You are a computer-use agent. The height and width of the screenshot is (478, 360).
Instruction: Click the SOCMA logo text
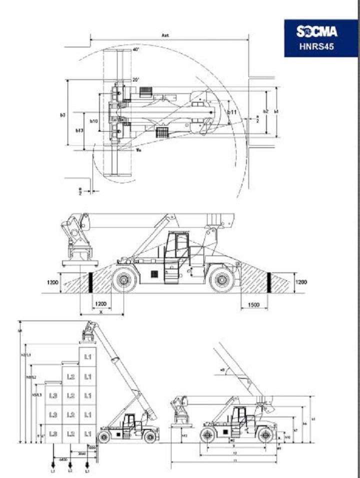tap(316, 33)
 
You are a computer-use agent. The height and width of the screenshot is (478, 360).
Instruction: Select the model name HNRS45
tap(316, 48)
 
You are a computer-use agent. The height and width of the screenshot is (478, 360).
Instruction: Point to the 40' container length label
tap(135, 50)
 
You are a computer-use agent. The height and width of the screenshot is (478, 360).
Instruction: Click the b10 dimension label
tap(93, 121)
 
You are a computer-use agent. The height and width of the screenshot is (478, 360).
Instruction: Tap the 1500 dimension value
tap(254, 305)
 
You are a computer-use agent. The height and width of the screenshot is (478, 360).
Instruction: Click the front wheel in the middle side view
tap(124, 280)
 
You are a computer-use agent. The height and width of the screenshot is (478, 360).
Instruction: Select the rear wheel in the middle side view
tap(222, 280)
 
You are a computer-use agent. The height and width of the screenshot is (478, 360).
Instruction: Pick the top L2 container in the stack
tap(70, 376)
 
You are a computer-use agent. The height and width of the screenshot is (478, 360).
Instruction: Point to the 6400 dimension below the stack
tap(63, 458)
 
